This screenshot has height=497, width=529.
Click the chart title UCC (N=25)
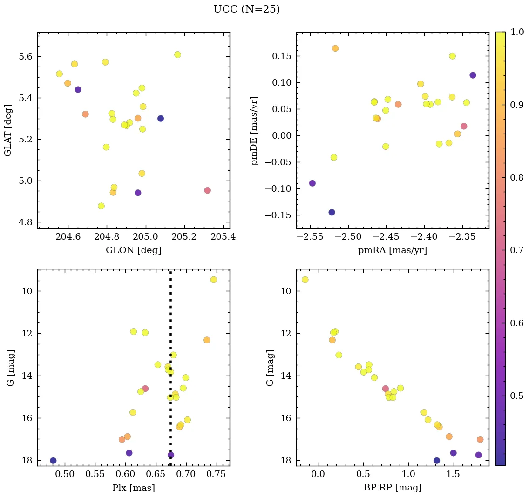[246, 9]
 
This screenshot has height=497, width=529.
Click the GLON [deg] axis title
[133, 250]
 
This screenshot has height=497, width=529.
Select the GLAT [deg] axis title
[8, 130]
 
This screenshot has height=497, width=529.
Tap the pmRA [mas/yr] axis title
[392, 250]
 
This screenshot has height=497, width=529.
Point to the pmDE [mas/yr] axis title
[254, 130]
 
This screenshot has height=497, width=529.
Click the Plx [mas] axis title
[133, 488]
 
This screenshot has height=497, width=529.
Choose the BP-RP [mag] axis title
[392, 488]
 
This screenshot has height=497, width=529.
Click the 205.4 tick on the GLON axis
[222, 237]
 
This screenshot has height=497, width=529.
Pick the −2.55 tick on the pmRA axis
[312, 237]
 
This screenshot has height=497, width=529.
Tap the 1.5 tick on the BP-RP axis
[454, 474]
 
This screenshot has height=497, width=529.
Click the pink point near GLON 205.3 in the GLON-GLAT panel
[207, 190]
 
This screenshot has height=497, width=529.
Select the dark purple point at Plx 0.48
[53, 461]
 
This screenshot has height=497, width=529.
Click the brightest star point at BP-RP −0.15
[305, 280]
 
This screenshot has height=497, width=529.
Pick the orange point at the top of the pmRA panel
[335, 48]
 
